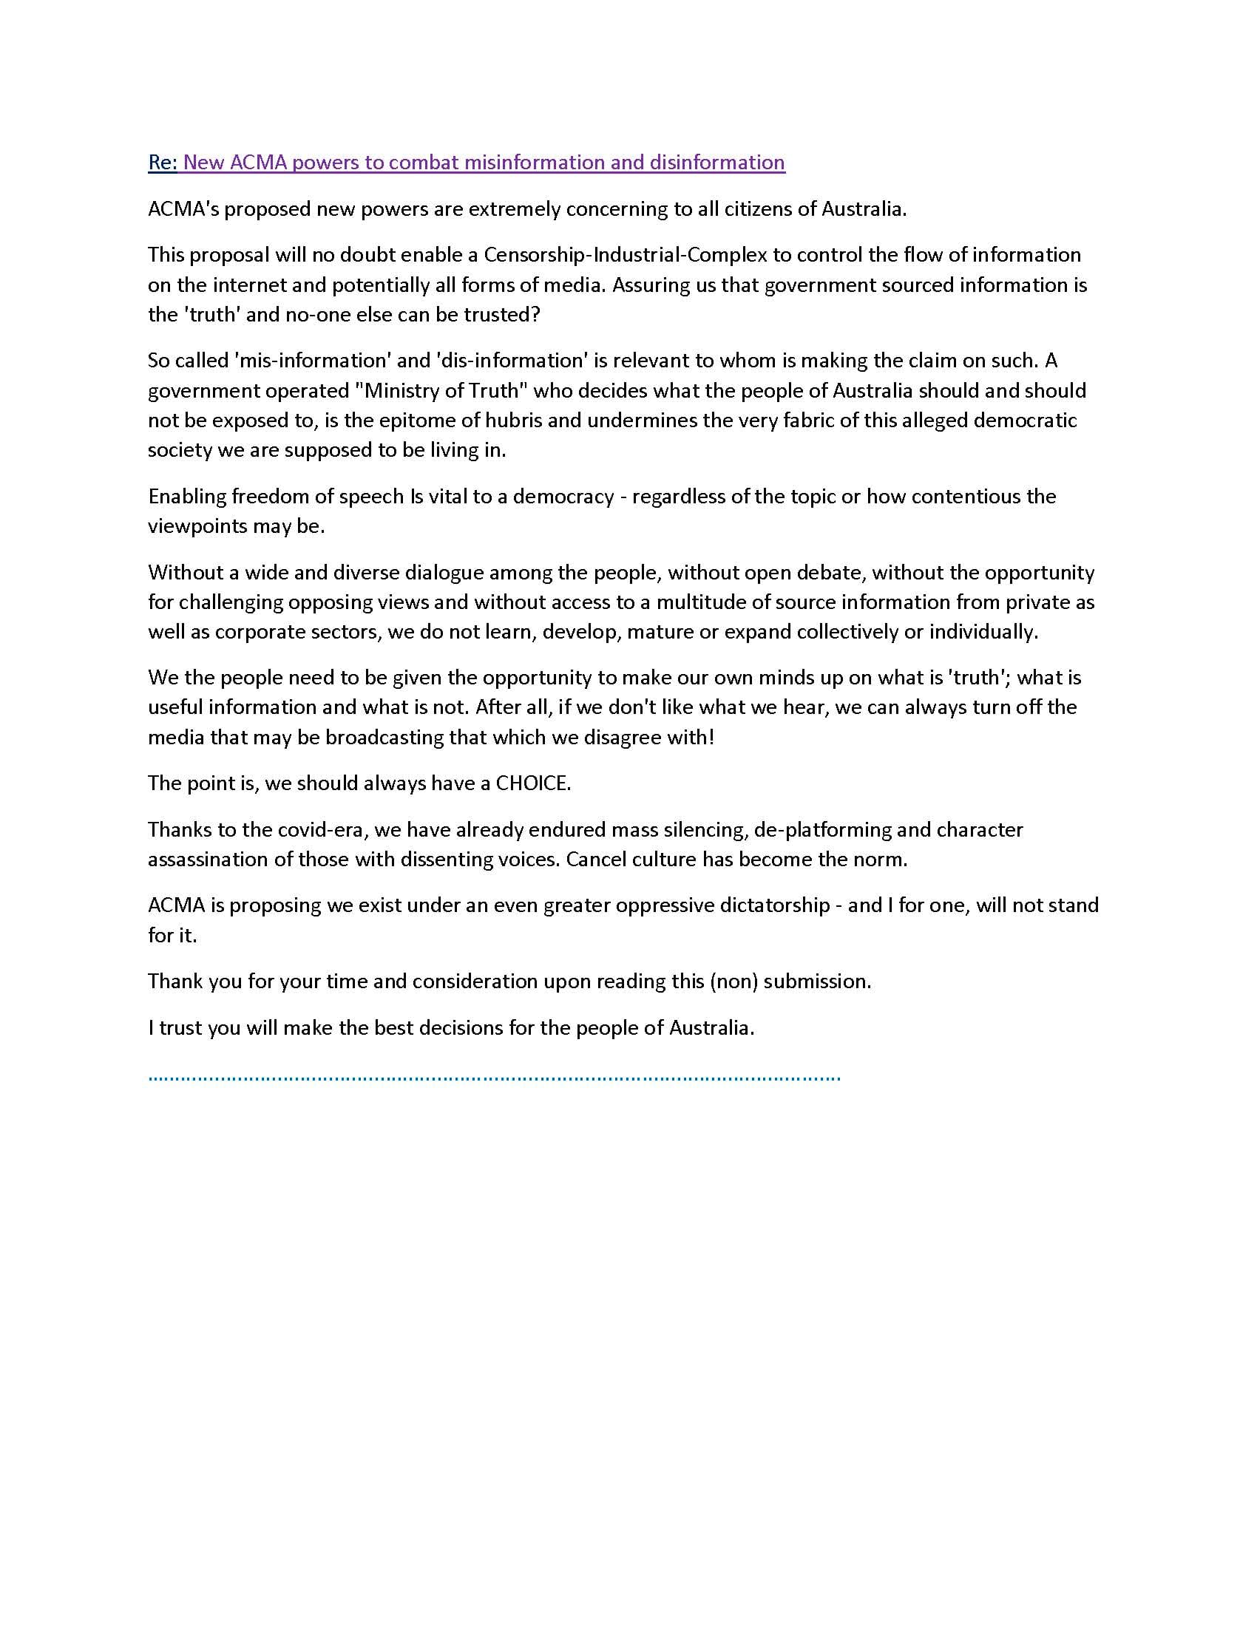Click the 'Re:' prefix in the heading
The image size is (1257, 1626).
(x=163, y=163)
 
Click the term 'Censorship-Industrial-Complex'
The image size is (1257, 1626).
(x=625, y=255)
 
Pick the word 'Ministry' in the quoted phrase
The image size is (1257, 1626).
(x=400, y=390)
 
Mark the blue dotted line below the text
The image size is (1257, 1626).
(x=494, y=1078)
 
